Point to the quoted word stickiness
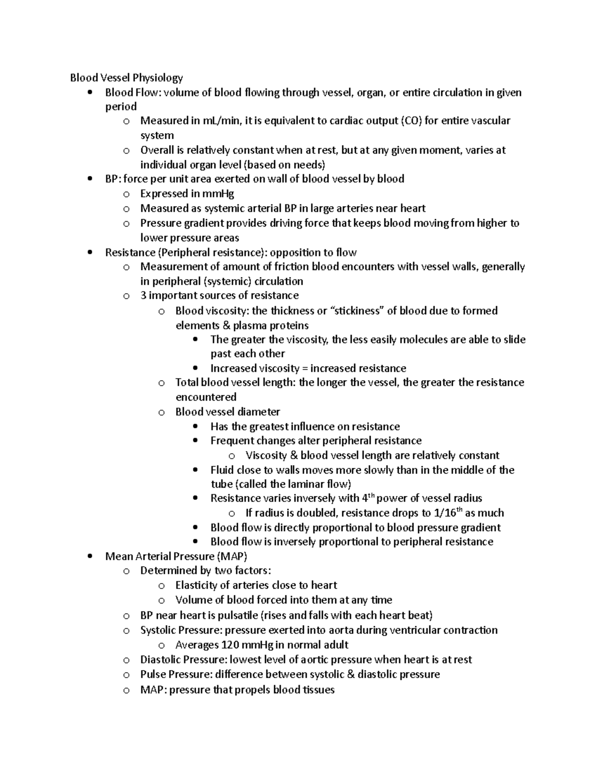point(358,311)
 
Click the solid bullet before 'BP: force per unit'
point(90,179)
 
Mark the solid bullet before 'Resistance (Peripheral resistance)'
point(90,253)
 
